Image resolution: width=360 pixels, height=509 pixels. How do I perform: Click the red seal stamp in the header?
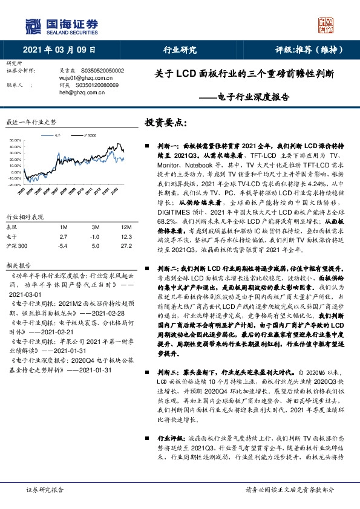click(x=327, y=25)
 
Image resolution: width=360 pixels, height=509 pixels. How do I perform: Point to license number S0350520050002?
click(x=102, y=71)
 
